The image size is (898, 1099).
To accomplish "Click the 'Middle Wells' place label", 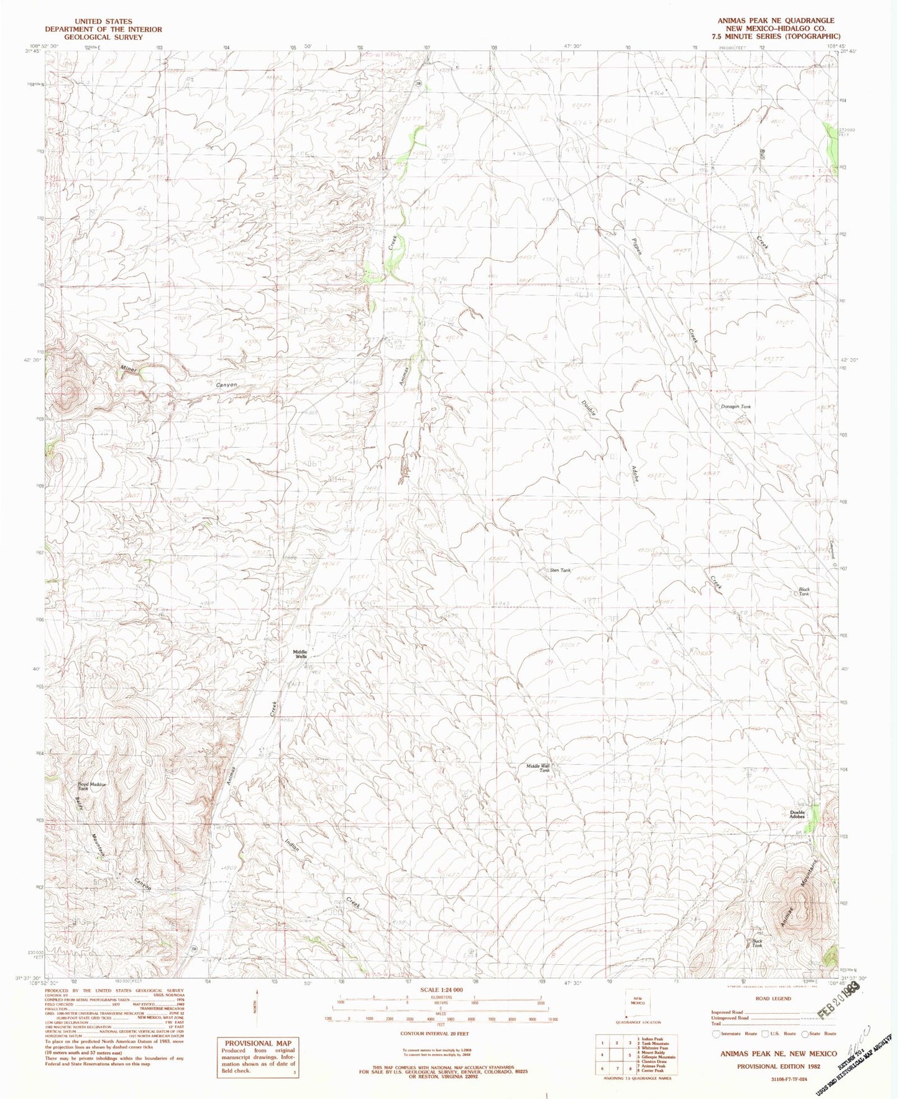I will (300, 654).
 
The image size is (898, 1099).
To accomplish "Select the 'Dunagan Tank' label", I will (736, 407).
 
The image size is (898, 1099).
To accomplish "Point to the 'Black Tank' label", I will (804, 591).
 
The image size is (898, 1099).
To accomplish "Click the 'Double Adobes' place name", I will (797, 814).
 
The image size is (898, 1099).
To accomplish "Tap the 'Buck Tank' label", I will (757, 944).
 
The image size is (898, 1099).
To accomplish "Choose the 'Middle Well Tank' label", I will (538, 768).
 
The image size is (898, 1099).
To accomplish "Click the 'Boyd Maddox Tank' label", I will (92, 786).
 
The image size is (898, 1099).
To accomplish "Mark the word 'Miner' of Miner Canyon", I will (129, 369).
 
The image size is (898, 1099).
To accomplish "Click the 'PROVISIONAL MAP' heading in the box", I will (257, 1043).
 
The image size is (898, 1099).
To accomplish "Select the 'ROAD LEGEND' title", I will (773, 999).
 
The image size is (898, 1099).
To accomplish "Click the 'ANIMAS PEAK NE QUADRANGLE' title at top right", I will (776, 21).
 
